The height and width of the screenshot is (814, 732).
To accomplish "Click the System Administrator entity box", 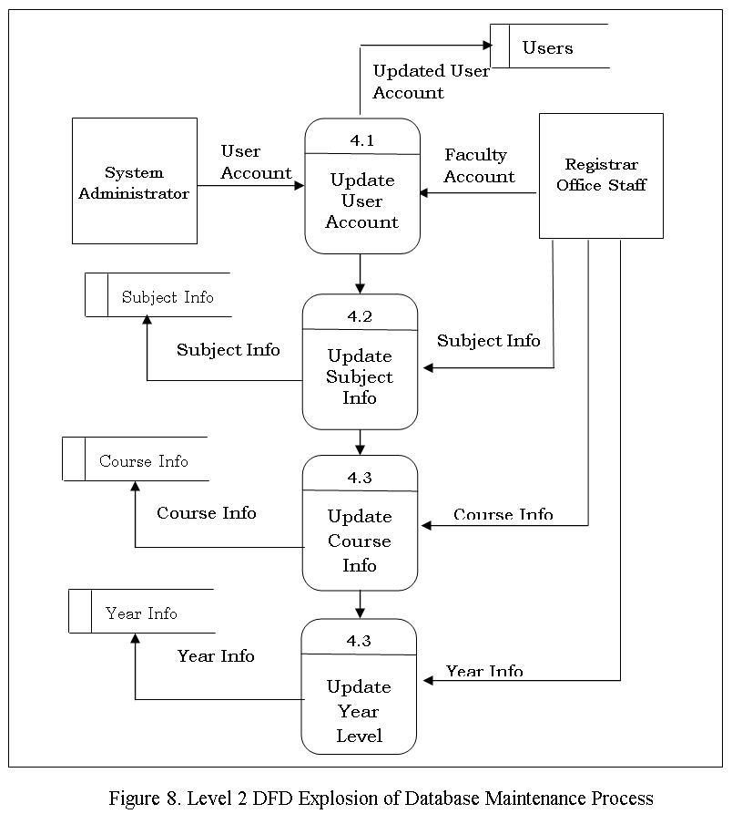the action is tap(135, 180).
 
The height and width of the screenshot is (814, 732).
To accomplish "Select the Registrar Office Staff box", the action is tap(602, 176).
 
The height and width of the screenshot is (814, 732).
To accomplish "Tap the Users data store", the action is tap(550, 46).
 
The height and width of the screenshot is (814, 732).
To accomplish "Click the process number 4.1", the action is tap(361, 140).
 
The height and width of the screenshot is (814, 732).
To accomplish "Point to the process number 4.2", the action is tap(360, 316).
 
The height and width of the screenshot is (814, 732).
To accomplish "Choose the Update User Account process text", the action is tap(361, 201).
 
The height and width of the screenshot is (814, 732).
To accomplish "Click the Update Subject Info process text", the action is tap(360, 376).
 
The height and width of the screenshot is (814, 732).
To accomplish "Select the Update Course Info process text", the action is tap(360, 541).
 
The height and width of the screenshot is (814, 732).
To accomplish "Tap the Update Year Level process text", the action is tap(359, 711).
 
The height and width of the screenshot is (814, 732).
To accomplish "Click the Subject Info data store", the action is tap(158, 294).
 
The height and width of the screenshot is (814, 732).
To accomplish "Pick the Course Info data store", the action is tap(136, 459).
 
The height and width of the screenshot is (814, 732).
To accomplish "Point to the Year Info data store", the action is tap(142, 611).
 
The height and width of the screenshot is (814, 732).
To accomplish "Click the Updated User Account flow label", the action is tap(431, 81).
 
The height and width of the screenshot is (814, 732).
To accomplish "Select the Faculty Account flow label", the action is tap(480, 166).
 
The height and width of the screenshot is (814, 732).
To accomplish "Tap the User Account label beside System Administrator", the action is tap(256, 162).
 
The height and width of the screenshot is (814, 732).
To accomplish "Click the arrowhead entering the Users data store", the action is tap(487, 46).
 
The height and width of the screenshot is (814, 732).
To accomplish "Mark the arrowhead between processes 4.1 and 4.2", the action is tap(360, 289).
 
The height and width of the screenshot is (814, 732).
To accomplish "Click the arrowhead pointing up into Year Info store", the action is tap(135, 639).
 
